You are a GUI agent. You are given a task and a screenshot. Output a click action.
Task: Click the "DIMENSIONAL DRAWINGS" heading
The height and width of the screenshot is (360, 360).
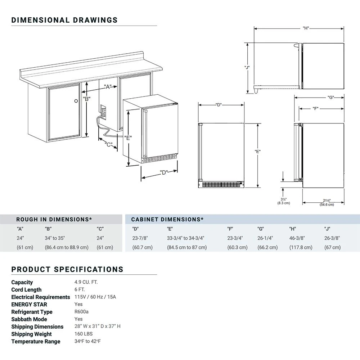(64, 20)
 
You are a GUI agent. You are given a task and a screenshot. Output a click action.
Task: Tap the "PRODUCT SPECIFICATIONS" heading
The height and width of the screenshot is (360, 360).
(67, 269)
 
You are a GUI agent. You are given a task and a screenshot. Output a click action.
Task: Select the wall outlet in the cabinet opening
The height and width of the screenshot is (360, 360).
(103, 111)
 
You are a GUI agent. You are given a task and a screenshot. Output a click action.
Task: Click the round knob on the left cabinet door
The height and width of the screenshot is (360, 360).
(76, 101)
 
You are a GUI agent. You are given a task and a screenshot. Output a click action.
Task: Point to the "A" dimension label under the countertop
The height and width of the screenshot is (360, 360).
(107, 87)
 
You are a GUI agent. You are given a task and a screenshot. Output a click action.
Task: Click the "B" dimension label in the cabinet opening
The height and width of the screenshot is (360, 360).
(86, 98)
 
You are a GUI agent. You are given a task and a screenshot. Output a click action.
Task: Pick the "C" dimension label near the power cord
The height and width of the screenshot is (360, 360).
(108, 145)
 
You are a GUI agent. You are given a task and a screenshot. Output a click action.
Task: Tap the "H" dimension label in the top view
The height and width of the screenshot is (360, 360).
(306, 28)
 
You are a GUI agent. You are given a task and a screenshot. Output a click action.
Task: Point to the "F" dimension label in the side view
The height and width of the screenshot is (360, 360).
(316, 108)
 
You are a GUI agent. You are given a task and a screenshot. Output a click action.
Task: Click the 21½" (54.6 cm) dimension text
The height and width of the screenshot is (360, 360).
(327, 202)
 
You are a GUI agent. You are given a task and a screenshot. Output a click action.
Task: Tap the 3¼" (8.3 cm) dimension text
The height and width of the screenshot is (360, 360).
(284, 201)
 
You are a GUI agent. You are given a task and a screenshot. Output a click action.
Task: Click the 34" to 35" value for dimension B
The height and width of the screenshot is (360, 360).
(55, 238)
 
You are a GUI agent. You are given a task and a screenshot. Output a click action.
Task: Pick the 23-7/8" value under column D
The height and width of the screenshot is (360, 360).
(140, 238)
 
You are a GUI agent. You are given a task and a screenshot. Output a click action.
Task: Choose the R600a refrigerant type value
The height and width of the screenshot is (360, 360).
(81, 312)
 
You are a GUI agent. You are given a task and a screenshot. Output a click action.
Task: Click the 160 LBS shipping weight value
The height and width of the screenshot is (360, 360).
(84, 334)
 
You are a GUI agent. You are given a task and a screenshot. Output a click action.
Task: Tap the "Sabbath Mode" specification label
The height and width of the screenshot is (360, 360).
(29, 319)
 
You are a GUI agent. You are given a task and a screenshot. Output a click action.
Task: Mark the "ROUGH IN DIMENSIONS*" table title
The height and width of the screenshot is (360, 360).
(54, 219)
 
